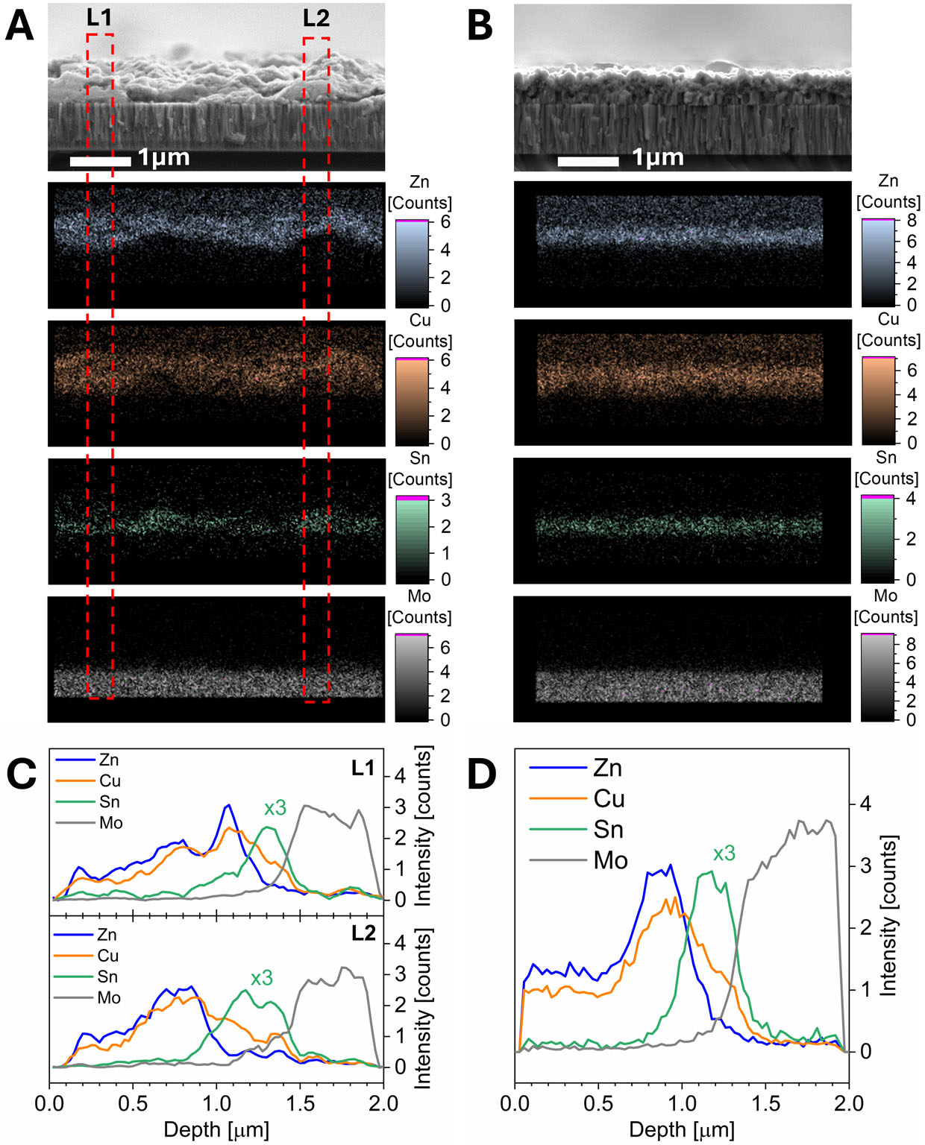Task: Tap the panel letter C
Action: pos(22,775)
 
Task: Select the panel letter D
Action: pos(481,775)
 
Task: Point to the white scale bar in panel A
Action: pos(100,160)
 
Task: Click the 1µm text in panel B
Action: pos(657,157)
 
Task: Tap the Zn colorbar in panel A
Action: pos(412,263)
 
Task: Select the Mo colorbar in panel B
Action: pos(877,678)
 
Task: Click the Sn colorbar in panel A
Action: pos(412,539)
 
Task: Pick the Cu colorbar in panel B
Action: pos(877,400)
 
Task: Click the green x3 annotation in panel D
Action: pos(724,854)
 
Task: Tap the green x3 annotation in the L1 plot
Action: pos(275,808)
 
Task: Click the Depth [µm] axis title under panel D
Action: pos(681,1129)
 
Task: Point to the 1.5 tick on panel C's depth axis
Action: pos(300,1103)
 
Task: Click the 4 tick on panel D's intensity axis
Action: pos(865,804)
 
